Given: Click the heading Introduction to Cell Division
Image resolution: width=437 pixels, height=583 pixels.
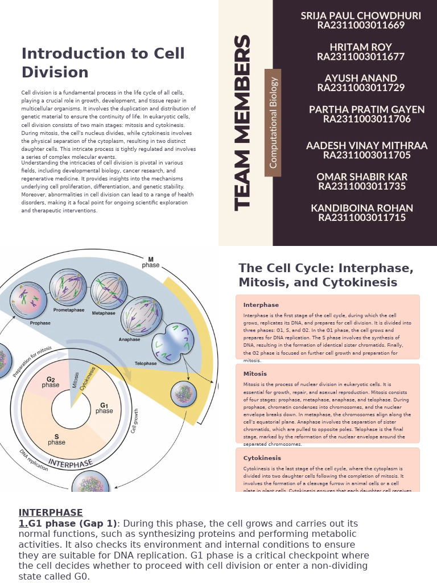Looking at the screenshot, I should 103,63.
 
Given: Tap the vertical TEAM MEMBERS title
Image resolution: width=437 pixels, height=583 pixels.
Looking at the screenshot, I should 243,123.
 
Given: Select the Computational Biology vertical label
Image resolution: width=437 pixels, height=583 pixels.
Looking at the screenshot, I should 273,122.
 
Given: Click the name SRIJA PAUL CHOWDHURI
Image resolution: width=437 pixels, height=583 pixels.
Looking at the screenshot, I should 361,16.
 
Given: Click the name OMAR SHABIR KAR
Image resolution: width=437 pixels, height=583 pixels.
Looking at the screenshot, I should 362,176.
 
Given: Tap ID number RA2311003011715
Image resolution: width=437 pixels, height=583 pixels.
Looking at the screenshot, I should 362,217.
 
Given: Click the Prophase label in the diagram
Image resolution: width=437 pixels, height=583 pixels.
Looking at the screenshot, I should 40,323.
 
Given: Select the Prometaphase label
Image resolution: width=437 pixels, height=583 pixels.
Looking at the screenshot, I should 68,310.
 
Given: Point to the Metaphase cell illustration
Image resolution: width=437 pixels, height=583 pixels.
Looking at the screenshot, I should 109,289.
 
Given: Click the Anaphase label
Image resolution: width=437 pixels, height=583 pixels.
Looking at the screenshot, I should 129,340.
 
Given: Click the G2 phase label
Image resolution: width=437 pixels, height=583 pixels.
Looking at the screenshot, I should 51,382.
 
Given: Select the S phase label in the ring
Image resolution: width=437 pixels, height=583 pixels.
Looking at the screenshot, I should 56,439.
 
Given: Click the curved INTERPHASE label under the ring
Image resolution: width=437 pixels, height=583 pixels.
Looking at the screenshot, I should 70,462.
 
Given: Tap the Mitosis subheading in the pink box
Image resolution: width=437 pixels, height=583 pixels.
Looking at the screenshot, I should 255,374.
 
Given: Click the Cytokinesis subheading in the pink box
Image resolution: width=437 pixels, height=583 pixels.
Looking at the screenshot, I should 262,458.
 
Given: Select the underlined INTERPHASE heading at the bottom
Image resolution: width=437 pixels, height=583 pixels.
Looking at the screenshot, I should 51,512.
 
